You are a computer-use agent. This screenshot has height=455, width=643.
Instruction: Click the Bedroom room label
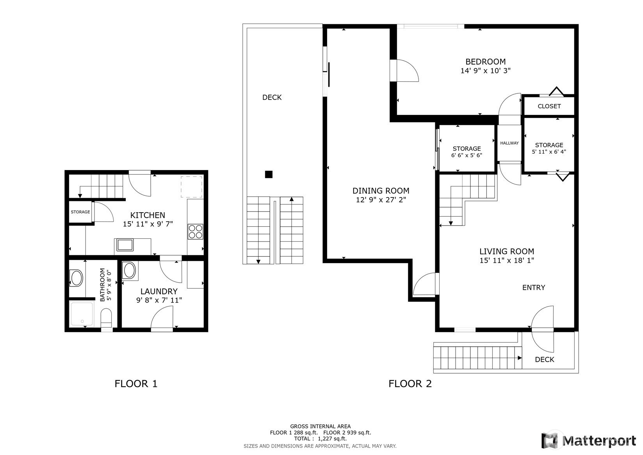(485, 61)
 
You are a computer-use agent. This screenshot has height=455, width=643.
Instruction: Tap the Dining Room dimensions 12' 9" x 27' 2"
(381, 199)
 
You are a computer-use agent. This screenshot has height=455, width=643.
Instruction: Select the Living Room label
(507, 251)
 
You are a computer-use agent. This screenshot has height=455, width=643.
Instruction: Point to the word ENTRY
(533, 287)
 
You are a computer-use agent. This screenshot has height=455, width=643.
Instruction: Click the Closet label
(549, 106)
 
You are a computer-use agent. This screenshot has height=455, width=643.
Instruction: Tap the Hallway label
(509, 143)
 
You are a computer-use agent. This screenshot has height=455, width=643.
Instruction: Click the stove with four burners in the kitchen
(196, 232)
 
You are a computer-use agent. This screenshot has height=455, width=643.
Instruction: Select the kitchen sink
(125, 245)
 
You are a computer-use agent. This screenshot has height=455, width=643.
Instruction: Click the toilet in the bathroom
(106, 318)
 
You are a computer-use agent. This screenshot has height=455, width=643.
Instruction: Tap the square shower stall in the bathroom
(82, 313)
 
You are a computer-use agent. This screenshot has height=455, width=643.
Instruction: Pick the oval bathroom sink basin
(77, 278)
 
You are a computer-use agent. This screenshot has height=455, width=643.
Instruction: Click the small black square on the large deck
(269, 174)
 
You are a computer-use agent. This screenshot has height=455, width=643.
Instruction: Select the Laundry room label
(159, 291)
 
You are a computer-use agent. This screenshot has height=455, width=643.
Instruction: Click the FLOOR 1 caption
(136, 384)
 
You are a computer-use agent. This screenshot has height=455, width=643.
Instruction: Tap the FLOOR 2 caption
(410, 384)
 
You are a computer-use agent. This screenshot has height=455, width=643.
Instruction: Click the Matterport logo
(588, 441)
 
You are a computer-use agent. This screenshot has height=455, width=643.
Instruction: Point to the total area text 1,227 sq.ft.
(332, 439)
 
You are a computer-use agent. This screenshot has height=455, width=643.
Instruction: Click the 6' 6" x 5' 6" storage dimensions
(467, 155)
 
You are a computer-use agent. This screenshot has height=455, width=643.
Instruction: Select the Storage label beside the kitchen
(80, 212)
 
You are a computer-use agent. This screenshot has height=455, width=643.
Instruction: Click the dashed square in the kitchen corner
(191, 187)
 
